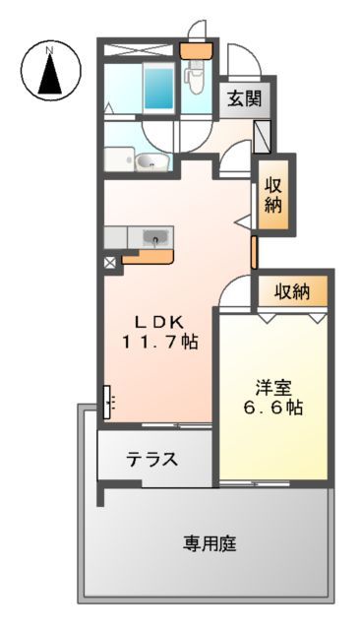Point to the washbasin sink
click(149, 163)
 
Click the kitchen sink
click(155, 236)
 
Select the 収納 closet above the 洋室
click(292, 291)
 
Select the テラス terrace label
click(151, 459)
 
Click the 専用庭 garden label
click(210, 542)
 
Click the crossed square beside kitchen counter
click(109, 264)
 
